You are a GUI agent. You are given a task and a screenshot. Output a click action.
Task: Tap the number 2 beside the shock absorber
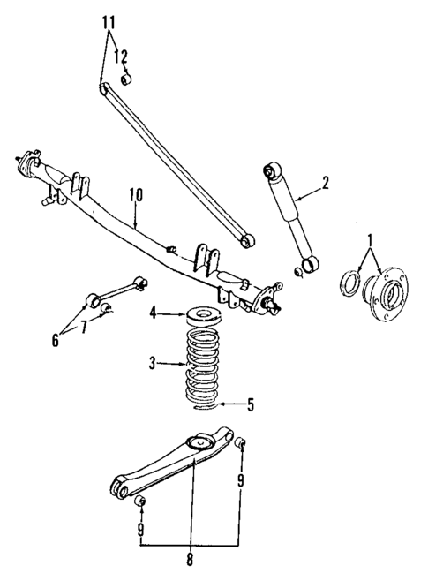click(326, 183)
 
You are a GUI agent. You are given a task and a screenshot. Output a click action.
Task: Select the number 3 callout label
click(154, 362)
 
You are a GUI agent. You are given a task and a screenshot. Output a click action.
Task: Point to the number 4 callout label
click(154, 312)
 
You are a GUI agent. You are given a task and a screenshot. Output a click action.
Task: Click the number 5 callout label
click(251, 406)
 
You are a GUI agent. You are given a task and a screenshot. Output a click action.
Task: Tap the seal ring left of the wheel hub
click(350, 284)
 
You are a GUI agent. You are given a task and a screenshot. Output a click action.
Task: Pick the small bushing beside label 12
click(125, 79)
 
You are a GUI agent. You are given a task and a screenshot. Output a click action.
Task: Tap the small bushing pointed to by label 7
click(106, 307)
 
